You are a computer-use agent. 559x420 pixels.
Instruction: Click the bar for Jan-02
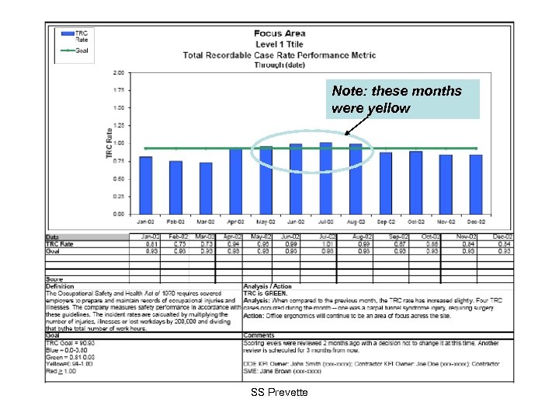click(x=145, y=184)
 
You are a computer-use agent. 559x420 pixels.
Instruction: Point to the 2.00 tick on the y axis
click(x=118, y=72)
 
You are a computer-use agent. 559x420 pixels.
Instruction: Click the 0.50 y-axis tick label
click(x=118, y=178)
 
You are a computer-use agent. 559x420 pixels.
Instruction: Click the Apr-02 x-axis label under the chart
click(x=236, y=220)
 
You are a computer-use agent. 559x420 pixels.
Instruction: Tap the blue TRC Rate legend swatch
click(x=64, y=34)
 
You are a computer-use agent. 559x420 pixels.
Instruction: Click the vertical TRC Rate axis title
click(x=109, y=143)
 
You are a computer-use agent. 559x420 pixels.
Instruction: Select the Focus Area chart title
click(x=279, y=33)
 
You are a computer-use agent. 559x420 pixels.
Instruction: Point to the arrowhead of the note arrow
click(x=345, y=135)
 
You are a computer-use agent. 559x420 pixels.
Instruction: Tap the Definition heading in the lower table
click(x=60, y=286)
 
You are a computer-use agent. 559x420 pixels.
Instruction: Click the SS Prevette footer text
click(x=279, y=393)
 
